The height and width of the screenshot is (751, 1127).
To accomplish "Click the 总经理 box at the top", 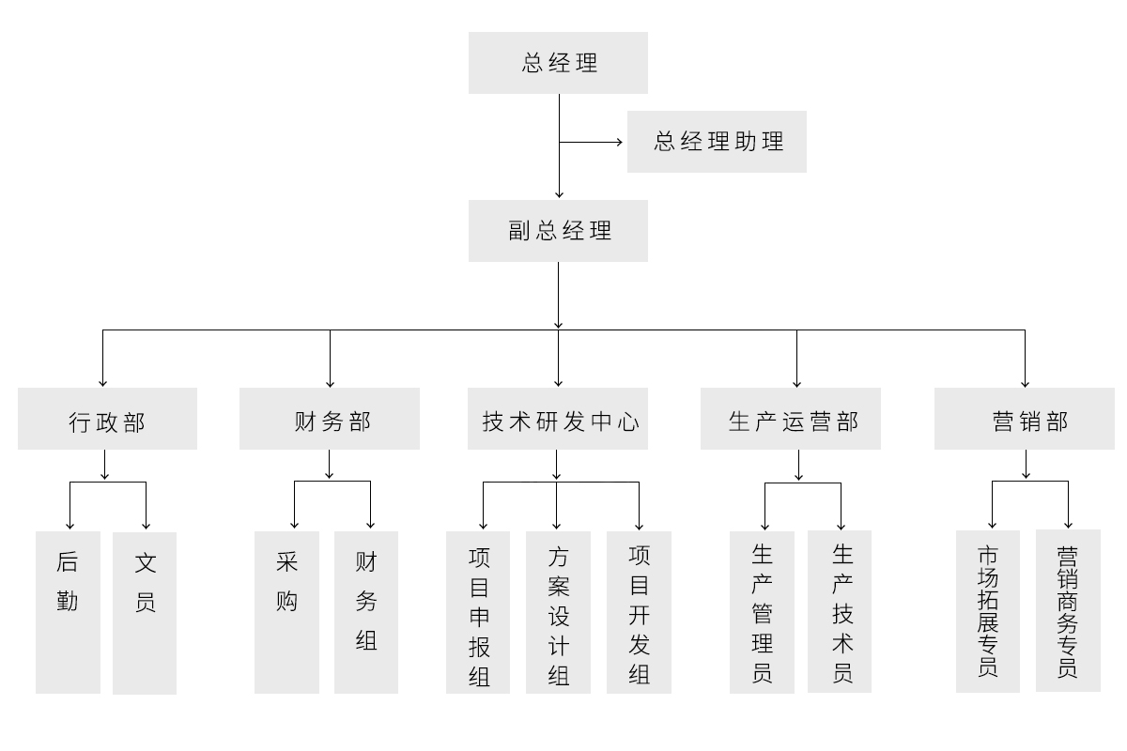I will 558,63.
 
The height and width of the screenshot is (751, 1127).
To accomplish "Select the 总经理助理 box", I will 717,142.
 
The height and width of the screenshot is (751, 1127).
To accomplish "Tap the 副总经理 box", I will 558,231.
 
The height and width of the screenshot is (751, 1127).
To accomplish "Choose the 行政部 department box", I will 107,419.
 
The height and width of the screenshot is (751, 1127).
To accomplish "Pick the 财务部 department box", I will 329,419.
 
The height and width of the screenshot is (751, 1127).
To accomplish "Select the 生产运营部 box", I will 791,419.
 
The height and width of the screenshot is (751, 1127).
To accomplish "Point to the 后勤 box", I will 68,612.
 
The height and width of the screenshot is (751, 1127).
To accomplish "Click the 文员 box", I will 145,612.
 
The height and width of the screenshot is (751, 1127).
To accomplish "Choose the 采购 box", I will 286,612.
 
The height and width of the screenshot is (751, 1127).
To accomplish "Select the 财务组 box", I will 366,612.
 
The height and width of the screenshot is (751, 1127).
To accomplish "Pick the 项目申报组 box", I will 478,612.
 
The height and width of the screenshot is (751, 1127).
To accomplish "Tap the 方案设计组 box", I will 558,612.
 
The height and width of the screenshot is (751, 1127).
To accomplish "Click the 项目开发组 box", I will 639,612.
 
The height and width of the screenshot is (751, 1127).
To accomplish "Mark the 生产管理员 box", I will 762,612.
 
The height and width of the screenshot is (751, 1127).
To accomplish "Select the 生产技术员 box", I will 840,612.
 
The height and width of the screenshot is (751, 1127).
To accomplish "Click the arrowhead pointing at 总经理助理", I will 620,143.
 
